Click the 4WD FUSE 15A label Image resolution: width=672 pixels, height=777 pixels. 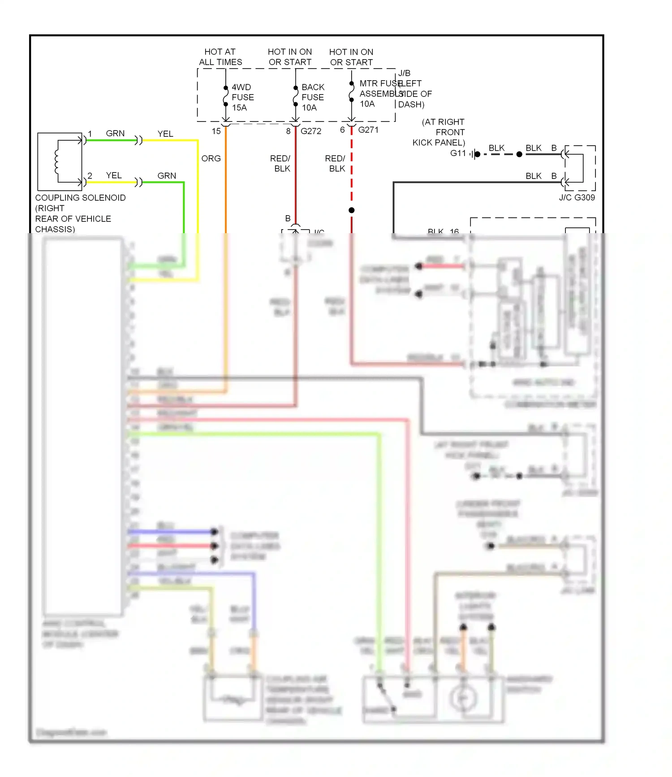click(x=242, y=97)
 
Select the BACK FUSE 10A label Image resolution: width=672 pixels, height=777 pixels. click(x=313, y=97)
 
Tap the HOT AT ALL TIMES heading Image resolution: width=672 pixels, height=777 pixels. click(x=220, y=57)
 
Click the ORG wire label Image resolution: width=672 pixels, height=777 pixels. click(x=211, y=159)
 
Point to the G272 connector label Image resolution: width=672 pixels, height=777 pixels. click(x=311, y=131)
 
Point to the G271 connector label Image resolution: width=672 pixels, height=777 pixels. click(x=368, y=130)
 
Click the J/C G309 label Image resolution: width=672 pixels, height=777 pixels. click(x=577, y=198)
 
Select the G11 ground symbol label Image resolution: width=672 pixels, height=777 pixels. click(x=458, y=153)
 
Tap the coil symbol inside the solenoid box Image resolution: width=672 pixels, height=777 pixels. click(x=57, y=161)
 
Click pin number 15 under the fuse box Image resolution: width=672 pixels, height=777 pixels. click(x=216, y=131)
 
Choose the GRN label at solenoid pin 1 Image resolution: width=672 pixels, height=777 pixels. click(x=115, y=134)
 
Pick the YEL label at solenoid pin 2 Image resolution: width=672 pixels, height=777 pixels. click(x=114, y=176)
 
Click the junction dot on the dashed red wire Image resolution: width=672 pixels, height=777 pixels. click(x=352, y=210)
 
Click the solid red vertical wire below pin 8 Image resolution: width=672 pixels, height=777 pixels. click(x=295, y=179)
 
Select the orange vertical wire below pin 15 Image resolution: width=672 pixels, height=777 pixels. click(x=225, y=188)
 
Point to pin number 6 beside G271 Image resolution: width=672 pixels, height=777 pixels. click(x=342, y=130)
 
